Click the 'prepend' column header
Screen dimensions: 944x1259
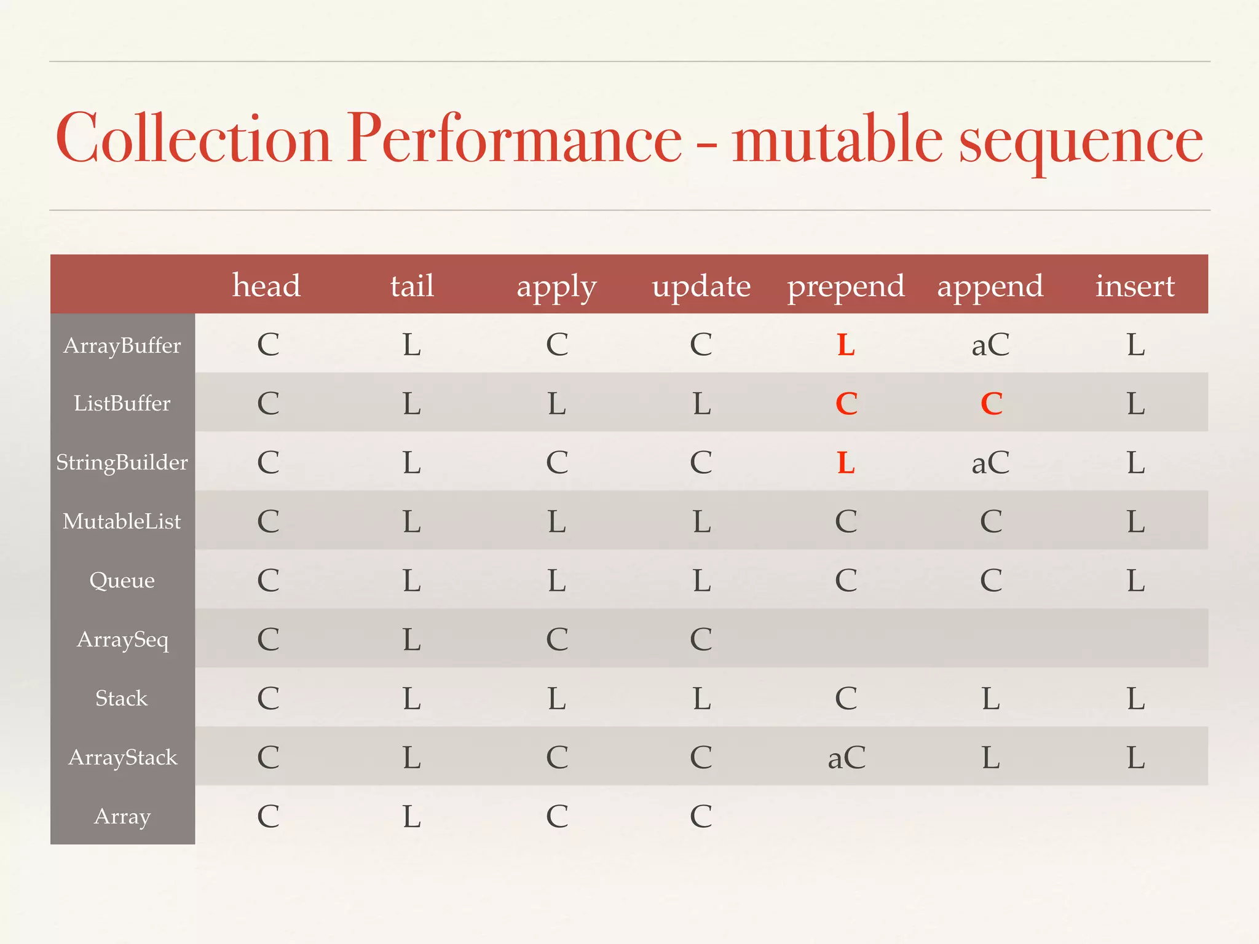point(846,286)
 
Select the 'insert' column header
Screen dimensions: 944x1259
point(1135,286)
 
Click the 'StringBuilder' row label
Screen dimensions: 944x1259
point(122,462)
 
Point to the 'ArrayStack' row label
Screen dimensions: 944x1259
point(122,757)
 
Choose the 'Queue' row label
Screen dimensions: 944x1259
point(122,580)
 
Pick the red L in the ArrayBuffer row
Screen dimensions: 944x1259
point(846,345)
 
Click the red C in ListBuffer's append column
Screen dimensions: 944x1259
point(991,404)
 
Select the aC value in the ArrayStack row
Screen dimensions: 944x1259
point(847,758)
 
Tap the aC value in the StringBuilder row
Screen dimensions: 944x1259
point(990,463)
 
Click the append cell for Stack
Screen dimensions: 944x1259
point(990,699)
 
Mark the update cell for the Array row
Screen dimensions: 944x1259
point(701,817)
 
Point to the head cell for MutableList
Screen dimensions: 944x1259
point(268,522)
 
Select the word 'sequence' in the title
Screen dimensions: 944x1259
point(1081,140)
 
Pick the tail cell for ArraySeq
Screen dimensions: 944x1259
point(412,640)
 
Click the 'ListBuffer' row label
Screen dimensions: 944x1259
point(122,404)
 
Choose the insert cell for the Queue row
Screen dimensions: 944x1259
point(1135,581)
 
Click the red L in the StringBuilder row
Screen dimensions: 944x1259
point(846,463)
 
